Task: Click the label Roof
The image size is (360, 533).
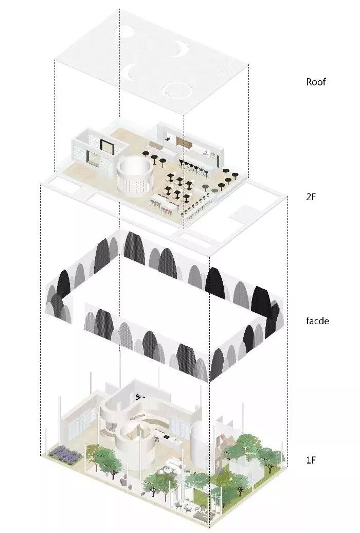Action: tap(316, 82)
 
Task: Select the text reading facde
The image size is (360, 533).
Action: tap(317, 321)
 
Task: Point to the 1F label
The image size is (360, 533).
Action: tap(311, 460)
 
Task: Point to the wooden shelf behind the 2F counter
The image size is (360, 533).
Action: tap(183, 140)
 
